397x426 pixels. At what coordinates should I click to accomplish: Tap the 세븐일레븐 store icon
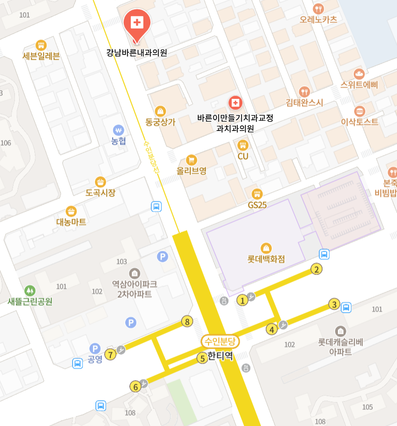[41, 45]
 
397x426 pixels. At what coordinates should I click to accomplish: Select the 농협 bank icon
[119, 130]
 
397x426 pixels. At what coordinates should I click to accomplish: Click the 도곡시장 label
[100, 192]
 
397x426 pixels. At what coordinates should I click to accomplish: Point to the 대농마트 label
[71, 222]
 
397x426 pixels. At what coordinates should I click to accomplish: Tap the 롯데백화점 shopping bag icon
[266, 247]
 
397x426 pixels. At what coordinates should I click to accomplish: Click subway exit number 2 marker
[316, 269]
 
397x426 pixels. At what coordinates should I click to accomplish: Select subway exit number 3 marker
[334, 304]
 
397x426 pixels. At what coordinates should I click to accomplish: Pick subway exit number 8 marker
[187, 321]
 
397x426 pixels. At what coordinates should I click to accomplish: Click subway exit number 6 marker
[136, 386]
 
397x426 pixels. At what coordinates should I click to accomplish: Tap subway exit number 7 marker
[110, 355]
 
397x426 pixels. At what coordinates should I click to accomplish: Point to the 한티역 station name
[220, 357]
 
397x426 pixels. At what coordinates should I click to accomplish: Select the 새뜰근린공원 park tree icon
[30, 290]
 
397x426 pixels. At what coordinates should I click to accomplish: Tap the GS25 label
[257, 205]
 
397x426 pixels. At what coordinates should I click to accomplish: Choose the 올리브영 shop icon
[191, 160]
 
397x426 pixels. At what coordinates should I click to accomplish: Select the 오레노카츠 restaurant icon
[318, 8]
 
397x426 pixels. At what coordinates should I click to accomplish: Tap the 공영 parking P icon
[95, 348]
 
